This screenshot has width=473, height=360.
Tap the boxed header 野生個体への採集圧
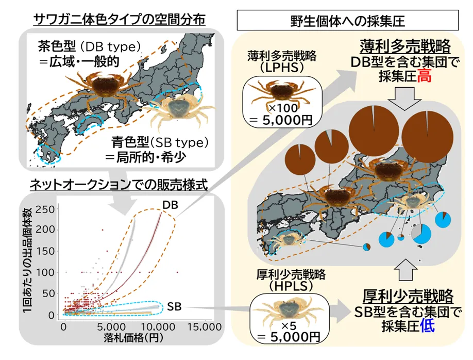coord(347,21)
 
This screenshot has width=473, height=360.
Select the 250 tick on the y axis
coord(45,209)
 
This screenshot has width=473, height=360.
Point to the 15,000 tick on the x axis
coord(204,327)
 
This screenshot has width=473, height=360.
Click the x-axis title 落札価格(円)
coord(133,338)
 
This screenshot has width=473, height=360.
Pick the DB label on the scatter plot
coord(171,205)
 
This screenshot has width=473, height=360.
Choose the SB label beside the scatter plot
coord(174,307)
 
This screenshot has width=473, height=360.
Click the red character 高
coord(424,76)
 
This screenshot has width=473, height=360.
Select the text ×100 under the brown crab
coord(283,108)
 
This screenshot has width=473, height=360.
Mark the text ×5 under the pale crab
coord(289,325)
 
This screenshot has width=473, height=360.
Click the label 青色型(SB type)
coord(160,142)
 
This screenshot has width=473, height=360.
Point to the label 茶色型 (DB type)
coord(90,46)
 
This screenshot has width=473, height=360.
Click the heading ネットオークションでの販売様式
coord(119,185)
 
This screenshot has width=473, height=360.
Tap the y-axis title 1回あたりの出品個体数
coord(28,260)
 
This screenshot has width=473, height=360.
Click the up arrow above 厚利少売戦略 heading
coord(406,270)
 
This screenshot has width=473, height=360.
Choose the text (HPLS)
coord(291,286)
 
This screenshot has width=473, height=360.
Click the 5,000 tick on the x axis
coord(112,327)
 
